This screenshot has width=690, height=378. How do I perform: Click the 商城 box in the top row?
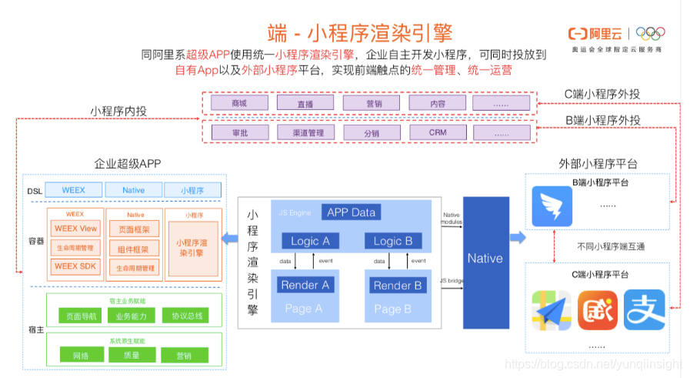238,103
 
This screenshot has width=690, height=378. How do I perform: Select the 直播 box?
305,103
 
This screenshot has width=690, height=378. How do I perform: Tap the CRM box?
438,132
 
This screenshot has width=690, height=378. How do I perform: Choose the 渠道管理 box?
305,132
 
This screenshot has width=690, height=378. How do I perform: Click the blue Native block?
485,259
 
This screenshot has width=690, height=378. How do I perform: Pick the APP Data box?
352,212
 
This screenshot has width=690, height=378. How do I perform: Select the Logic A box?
310,241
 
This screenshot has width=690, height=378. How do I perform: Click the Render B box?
397,285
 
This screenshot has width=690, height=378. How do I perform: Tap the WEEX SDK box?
75,266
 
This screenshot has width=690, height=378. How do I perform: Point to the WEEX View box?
75,229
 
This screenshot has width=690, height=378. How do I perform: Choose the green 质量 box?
132,356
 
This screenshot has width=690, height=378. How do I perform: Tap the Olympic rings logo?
651,33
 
